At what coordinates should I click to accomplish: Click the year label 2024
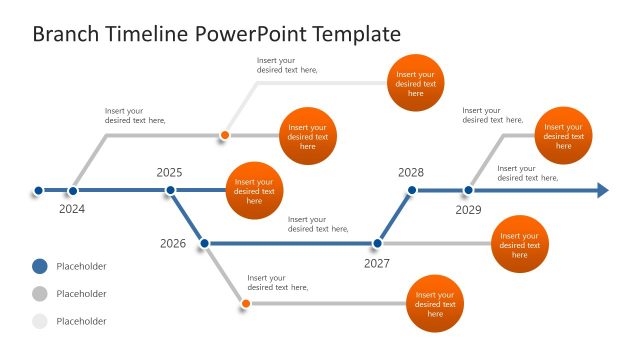tap(72, 209)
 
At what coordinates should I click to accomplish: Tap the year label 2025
tap(170, 172)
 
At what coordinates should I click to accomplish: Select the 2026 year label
tap(173, 243)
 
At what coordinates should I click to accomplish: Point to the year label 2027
tap(377, 263)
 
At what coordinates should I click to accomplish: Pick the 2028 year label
tap(411, 172)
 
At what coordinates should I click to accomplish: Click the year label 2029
tap(469, 210)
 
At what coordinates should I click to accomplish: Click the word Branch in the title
tap(66, 34)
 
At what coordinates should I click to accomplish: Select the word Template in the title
tap(357, 34)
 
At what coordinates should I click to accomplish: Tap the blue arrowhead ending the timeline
tap(603, 190)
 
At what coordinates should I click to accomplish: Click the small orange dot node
tap(225, 135)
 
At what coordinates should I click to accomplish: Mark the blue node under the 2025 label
tap(171, 190)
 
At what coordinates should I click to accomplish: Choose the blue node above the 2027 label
tap(377, 243)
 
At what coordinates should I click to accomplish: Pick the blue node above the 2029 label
tap(468, 190)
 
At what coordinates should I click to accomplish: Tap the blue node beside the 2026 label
tap(204, 243)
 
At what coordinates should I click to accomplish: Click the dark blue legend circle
tap(39, 266)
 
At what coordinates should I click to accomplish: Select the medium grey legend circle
tap(39, 294)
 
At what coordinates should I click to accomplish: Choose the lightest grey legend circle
tap(39, 321)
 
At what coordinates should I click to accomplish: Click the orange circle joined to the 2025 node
tap(254, 190)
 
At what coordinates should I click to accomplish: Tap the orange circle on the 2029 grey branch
tap(564, 135)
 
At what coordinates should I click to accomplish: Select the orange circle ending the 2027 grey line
tap(520, 244)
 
